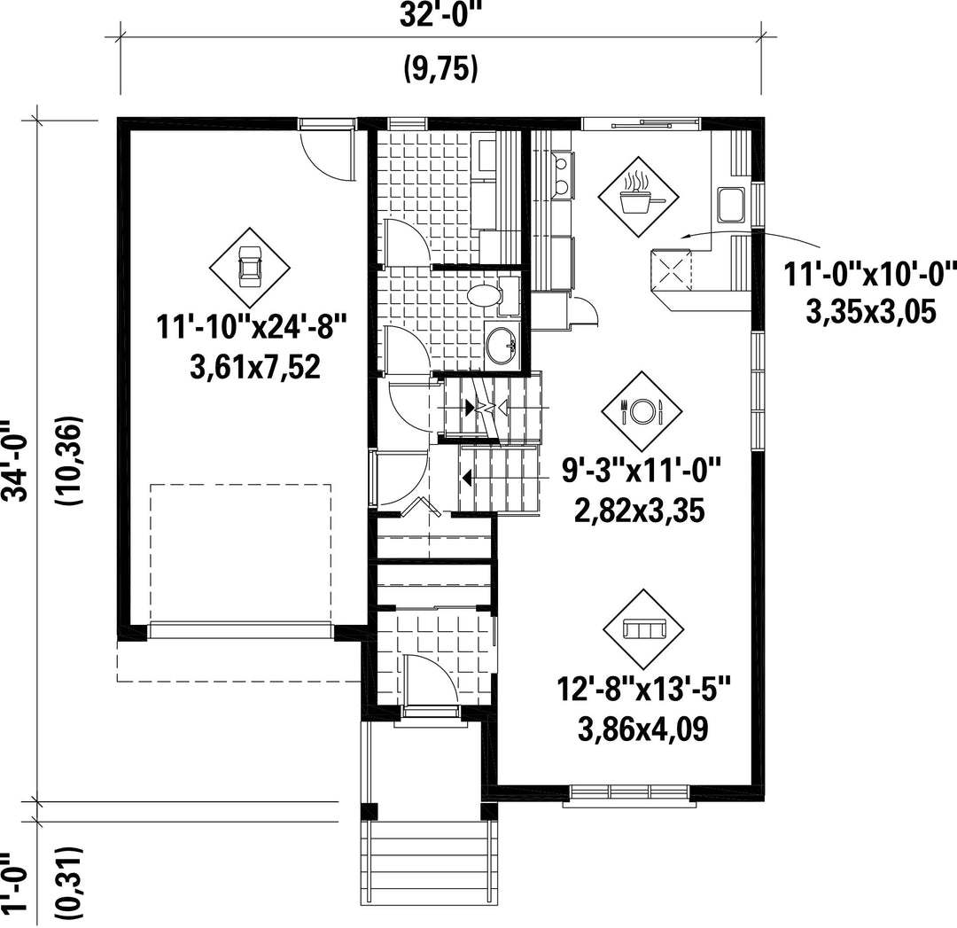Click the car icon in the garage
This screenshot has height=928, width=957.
click(x=249, y=267)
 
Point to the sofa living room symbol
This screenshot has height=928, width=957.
click(x=642, y=628)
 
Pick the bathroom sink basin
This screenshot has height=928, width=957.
click(x=501, y=347)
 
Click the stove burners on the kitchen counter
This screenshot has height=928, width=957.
click(x=562, y=175)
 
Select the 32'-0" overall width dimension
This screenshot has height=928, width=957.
click(x=440, y=15)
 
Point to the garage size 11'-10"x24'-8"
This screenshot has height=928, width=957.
click(x=252, y=326)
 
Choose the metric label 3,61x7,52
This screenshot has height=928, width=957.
click(x=255, y=368)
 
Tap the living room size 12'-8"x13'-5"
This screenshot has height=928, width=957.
click(x=643, y=689)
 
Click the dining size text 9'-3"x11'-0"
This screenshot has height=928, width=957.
click(x=641, y=470)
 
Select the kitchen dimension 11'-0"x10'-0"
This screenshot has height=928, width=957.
click(x=870, y=274)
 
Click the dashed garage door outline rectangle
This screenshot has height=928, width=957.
click(x=240, y=552)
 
